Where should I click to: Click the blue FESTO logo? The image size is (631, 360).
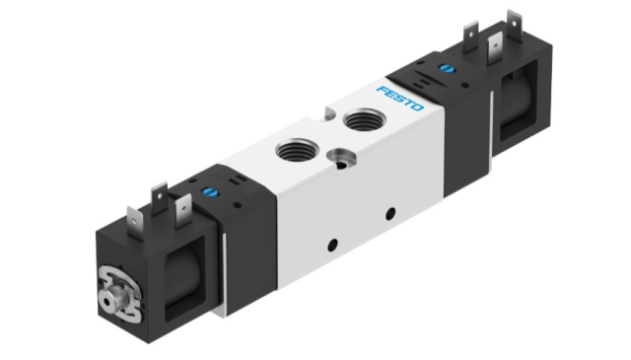pyautogui.click(x=400, y=99)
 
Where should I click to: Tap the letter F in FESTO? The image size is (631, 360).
pyautogui.click(x=382, y=90)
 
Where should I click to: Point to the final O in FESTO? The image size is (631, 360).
pyautogui.click(x=417, y=108)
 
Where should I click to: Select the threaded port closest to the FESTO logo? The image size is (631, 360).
pyautogui.click(x=364, y=119)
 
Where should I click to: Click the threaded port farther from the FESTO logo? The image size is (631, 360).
pyautogui.click(x=298, y=150)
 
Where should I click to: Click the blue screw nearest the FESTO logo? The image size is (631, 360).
pyautogui.click(x=447, y=68)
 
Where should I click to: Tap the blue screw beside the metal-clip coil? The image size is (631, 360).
pyautogui.click(x=210, y=192)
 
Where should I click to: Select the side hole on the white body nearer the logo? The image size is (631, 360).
pyautogui.click(x=390, y=213)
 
